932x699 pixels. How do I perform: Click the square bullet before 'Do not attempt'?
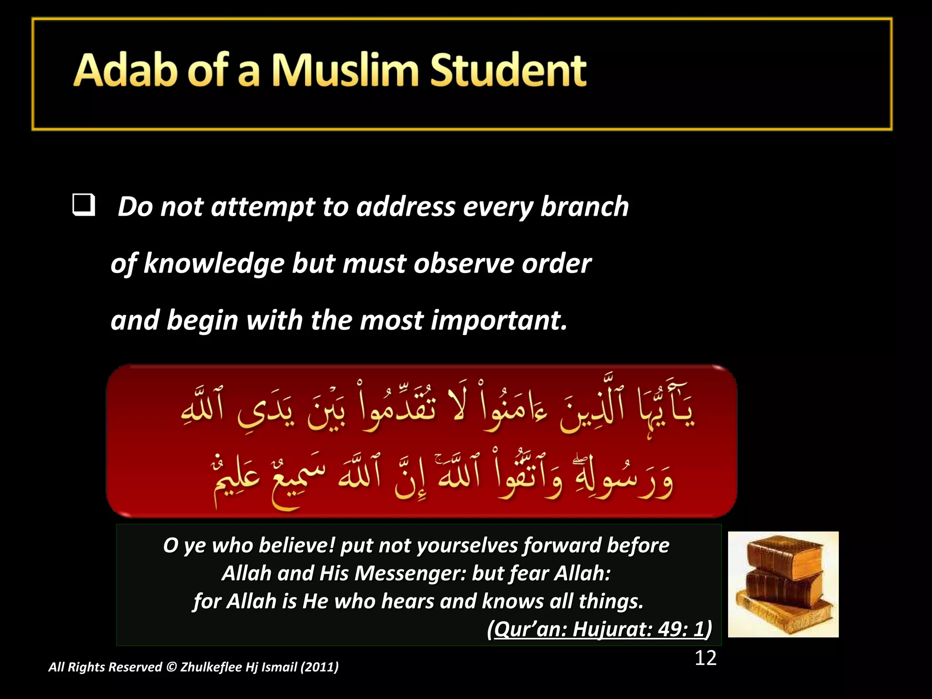83,205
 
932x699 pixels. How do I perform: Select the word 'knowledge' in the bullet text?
213,263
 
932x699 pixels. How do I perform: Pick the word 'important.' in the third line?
499,320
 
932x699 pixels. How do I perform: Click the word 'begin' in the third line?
203,320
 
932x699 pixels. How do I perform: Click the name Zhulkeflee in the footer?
211,667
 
